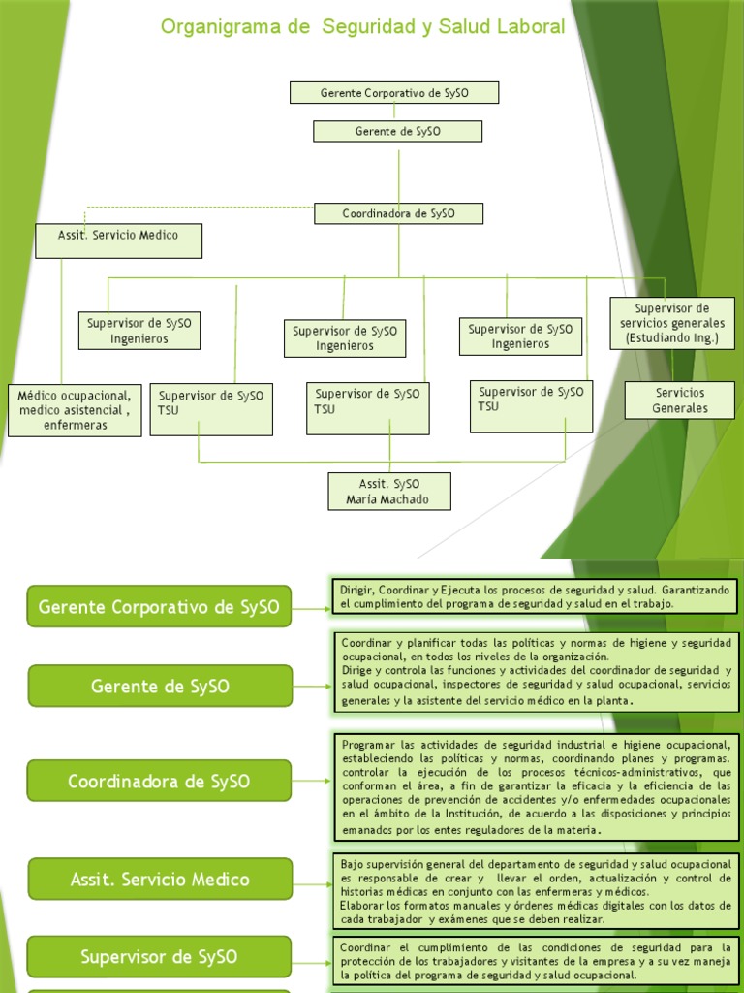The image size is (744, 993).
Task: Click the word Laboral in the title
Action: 528,27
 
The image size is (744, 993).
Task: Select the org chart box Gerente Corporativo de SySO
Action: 394,93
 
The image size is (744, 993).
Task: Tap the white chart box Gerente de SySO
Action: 397,132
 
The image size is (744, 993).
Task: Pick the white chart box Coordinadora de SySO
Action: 398,213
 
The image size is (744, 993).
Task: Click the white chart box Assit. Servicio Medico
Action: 118,240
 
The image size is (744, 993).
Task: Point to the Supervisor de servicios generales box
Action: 672,323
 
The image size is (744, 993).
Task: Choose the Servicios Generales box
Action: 679,400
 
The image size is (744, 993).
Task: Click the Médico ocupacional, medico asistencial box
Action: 75,410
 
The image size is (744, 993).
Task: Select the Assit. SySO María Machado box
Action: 389,492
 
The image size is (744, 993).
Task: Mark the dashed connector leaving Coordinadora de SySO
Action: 194,207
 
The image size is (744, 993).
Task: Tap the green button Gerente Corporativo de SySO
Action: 159,607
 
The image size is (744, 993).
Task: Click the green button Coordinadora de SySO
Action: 159,781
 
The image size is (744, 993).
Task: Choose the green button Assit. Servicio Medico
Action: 160,880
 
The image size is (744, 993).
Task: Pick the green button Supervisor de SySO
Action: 159,957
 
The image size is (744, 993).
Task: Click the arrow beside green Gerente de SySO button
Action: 312,687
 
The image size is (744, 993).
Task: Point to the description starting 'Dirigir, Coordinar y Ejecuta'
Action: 536,596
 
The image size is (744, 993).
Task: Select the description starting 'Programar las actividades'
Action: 536,786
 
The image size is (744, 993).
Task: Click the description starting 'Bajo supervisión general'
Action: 536,890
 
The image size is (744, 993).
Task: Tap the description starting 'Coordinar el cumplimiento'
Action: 536,961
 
